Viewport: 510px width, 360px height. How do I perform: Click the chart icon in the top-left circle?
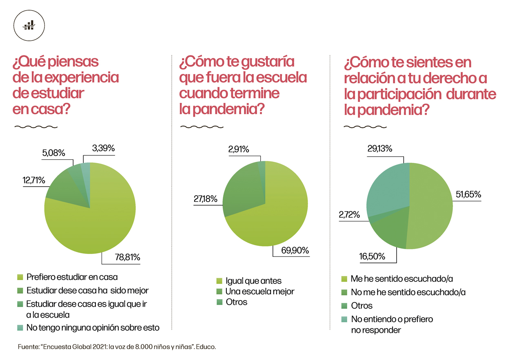coord(29,25)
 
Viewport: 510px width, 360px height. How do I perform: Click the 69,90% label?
coord(294,250)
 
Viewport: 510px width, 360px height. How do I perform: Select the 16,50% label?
coord(372,256)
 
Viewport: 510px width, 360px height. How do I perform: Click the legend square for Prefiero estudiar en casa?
coord(20,278)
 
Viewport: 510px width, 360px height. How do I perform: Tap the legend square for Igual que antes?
coord(219,281)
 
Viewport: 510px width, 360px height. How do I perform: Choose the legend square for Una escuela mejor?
coord(219,292)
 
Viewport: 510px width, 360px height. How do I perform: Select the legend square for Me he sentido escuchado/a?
coord(344,279)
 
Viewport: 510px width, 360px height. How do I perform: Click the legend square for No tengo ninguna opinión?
coord(20,328)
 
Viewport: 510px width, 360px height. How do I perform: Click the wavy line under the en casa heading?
coord(33,127)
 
